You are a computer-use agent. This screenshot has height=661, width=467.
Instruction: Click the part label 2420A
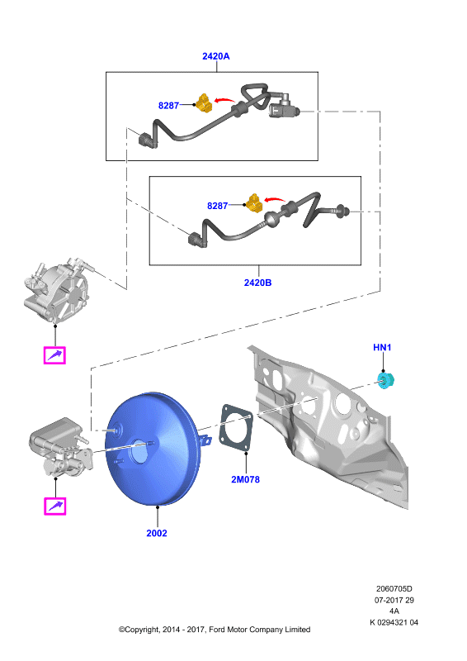[x=215, y=56]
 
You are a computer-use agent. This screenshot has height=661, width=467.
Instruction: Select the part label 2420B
[x=257, y=283]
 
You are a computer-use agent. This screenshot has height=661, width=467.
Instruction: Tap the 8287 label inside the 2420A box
[x=168, y=106]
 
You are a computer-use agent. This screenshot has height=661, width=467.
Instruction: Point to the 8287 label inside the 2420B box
[x=217, y=206]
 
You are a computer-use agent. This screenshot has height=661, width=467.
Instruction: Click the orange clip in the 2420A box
[x=204, y=104]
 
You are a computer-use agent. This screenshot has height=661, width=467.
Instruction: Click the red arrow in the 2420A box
[x=224, y=100]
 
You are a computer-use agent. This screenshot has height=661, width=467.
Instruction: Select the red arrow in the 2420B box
[x=274, y=200]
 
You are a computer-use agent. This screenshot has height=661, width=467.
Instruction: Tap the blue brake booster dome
[x=152, y=449]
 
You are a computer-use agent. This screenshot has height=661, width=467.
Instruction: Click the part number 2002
[x=157, y=533]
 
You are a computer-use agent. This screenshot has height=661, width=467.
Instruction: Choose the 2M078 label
[x=246, y=479]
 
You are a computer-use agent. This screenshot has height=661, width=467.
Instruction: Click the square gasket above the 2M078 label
[x=236, y=428]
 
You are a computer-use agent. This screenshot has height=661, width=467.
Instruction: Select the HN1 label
[x=382, y=347]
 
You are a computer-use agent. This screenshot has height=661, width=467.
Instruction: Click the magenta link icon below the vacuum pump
[x=54, y=355]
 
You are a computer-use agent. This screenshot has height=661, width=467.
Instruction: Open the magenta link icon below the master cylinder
[x=55, y=506]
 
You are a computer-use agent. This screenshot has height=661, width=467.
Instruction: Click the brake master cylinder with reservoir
[x=61, y=448]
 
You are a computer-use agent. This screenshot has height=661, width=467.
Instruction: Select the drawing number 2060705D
[x=394, y=589]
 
